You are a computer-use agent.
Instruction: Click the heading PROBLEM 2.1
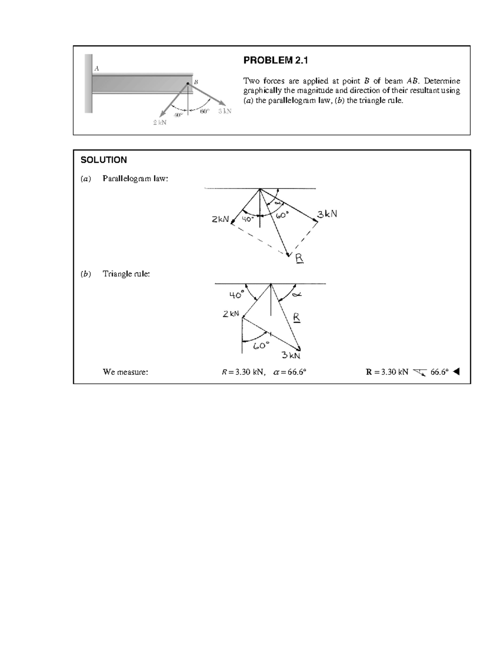click(275, 61)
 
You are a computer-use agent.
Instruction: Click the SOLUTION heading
click(104, 160)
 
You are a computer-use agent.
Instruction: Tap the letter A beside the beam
click(97, 68)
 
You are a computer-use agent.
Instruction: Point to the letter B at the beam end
click(196, 82)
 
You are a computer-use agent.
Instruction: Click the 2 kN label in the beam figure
click(160, 122)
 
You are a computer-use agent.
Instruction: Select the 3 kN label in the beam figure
click(225, 111)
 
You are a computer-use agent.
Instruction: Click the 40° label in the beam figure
click(178, 115)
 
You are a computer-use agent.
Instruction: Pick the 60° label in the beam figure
click(205, 111)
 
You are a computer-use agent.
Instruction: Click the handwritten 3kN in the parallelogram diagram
click(327, 214)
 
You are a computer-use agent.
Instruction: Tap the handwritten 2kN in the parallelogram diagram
click(220, 219)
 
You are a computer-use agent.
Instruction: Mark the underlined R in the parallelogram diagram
click(299, 259)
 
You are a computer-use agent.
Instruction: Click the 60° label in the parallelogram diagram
click(282, 215)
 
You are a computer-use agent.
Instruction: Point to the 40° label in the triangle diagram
click(236, 295)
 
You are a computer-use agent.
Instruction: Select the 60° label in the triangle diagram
click(261, 345)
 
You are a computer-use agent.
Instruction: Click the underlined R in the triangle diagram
click(296, 317)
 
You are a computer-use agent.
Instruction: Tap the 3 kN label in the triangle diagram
click(291, 355)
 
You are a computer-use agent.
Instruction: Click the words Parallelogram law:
click(135, 179)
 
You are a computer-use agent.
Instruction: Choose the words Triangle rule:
click(126, 274)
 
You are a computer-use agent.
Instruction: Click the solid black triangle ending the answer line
click(456, 372)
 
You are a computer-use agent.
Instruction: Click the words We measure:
click(125, 372)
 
